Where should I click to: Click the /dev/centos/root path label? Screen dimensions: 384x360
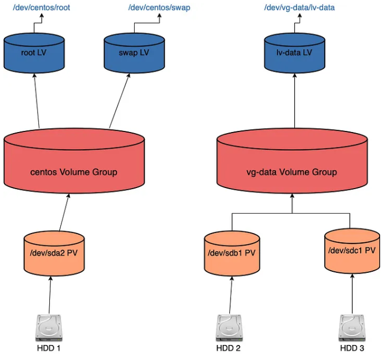(x=42, y=7)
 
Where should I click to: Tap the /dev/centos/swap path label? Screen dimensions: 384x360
(x=159, y=7)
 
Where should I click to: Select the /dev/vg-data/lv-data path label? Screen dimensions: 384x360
(x=299, y=7)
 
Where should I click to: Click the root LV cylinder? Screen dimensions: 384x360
(x=34, y=53)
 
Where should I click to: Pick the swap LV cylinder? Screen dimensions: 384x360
(x=134, y=53)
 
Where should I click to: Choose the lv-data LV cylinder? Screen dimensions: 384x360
(x=294, y=53)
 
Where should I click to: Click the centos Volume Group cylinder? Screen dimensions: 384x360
(x=74, y=161)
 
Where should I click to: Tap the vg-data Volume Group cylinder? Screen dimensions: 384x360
(x=292, y=161)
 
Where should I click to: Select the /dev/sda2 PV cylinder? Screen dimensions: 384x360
(x=54, y=253)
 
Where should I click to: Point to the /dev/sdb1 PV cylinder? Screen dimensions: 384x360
(x=232, y=253)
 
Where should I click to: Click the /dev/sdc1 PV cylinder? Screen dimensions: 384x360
(x=352, y=251)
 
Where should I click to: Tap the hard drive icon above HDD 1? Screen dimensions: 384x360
(x=49, y=328)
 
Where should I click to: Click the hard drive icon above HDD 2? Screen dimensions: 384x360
(x=229, y=328)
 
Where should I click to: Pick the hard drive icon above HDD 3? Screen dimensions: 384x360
(x=352, y=328)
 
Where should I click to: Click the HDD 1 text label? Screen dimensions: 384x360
(x=49, y=348)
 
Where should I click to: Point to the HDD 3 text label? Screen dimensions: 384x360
(x=352, y=348)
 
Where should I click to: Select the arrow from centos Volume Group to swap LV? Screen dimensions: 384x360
(x=120, y=100)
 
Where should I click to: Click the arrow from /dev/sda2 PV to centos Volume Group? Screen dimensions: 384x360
(x=64, y=212)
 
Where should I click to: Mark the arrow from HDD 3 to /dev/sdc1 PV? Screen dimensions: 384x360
(x=352, y=294)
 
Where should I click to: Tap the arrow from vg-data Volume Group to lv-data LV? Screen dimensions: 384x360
(x=294, y=100)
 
